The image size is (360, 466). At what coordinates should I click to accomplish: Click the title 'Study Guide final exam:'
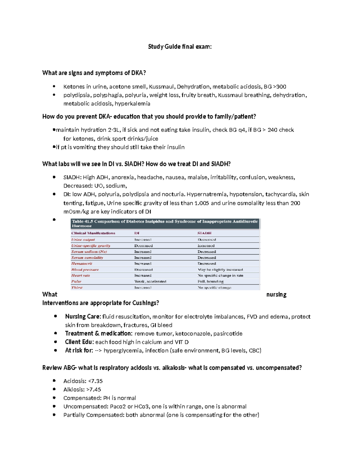pos(180,47)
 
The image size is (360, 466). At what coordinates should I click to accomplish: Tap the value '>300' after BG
pos(280,87)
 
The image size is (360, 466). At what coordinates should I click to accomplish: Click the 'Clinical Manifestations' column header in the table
pos(93,233)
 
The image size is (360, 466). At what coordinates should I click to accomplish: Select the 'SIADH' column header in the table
pos(204,233)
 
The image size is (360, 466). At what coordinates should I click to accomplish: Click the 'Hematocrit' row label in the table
pos(82,263)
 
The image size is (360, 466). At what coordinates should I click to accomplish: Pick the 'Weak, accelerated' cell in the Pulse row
pos(150,281)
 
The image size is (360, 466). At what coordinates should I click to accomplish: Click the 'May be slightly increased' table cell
pos(220,269)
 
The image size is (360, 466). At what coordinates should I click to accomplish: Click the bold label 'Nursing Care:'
pos(83,317)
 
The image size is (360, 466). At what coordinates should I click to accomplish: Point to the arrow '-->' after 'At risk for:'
pos(98,350)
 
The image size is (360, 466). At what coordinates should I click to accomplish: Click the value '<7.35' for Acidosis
pos(95,381)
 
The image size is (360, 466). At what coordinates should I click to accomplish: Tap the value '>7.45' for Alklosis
pos(94,389)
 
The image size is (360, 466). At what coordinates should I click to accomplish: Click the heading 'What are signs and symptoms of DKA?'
pos(94,73)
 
